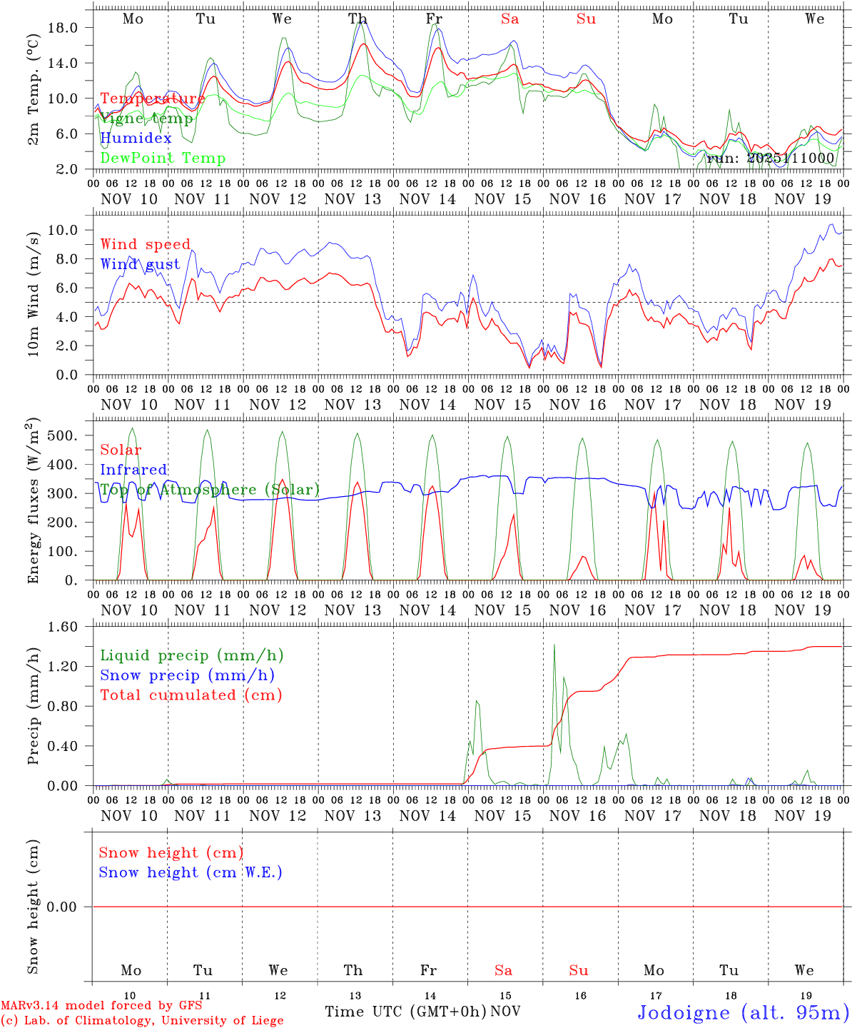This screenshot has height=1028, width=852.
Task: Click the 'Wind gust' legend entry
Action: tap(140, 264)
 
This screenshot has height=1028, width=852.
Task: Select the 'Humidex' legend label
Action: tap(136, 138)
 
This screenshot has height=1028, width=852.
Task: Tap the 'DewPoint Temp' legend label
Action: tap(163, 158)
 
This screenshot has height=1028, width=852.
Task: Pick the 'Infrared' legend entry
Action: tap(133, 470)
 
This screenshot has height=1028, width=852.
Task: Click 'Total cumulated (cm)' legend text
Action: tap(191, 695)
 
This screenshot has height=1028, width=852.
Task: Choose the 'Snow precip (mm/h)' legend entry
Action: tap(187, 675)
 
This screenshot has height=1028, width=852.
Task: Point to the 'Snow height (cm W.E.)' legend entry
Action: tap(191, 872)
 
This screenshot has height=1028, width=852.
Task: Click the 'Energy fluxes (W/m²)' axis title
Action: tap(33, 503)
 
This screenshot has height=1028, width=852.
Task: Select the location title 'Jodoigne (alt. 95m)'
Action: tap(743, 1012)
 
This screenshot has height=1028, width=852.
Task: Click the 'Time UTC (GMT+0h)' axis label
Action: tap(405, 1012)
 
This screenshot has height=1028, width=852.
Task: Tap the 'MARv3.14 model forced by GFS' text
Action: tap(101, 1006)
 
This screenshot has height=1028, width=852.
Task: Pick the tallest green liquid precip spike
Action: tap(554, 646)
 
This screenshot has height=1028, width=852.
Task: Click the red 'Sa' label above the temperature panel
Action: tap(509, 19)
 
